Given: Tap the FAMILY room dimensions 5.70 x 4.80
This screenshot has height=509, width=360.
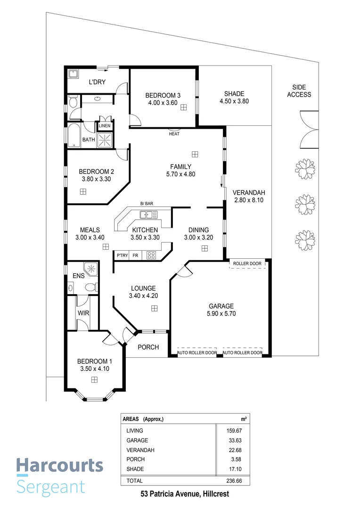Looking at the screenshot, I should pos(180,174).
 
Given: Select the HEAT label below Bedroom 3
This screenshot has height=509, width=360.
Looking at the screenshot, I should pos(174,134).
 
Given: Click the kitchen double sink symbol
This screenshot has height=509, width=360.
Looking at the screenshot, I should pos(148,215).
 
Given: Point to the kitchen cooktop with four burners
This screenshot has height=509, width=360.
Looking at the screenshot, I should pos(151,255).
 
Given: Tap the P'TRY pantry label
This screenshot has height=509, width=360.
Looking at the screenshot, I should pos(122,255).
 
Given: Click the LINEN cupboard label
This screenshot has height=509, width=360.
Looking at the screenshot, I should pos(105,126).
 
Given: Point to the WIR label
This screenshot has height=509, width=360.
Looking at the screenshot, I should pos(83,313).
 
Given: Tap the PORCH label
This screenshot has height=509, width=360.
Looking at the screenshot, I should pos(148,347).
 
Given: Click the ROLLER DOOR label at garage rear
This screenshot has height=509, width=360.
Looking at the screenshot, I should pos(247,263).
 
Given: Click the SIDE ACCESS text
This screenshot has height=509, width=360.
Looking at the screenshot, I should pos(299,91).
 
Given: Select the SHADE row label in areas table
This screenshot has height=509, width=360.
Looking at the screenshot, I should pos(135,469).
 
